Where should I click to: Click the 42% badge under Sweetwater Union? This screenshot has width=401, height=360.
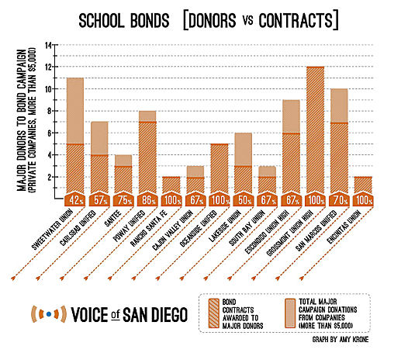(x=74, y=200)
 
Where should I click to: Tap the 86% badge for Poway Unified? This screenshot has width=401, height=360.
(x=147, y=200)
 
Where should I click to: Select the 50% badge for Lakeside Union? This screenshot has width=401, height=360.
(x=243, y=200)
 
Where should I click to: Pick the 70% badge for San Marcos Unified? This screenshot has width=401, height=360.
(x=339, y=200)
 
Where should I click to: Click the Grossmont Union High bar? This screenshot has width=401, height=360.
(x=315, y=130)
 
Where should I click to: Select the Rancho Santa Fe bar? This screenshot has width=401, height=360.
(x=171, y=185)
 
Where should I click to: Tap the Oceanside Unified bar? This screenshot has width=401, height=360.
(x=220, y=168)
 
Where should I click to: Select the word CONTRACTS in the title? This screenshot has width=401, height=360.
(x=296, y=20)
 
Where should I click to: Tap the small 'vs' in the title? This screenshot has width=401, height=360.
(x=247, y=20)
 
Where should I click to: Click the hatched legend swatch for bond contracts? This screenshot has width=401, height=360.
(x=214, y=313)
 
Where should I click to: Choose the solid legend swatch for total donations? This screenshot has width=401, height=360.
(x=290, y=313)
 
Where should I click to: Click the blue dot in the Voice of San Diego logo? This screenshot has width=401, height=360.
(x=49, y=314)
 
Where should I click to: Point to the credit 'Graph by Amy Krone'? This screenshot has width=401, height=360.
(x=341, y=339)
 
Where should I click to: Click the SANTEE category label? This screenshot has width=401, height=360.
(x=112, y=219)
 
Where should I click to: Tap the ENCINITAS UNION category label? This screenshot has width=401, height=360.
(x=344, y=227)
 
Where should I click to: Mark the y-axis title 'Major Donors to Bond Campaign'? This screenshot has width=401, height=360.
(x=22, y=120)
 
